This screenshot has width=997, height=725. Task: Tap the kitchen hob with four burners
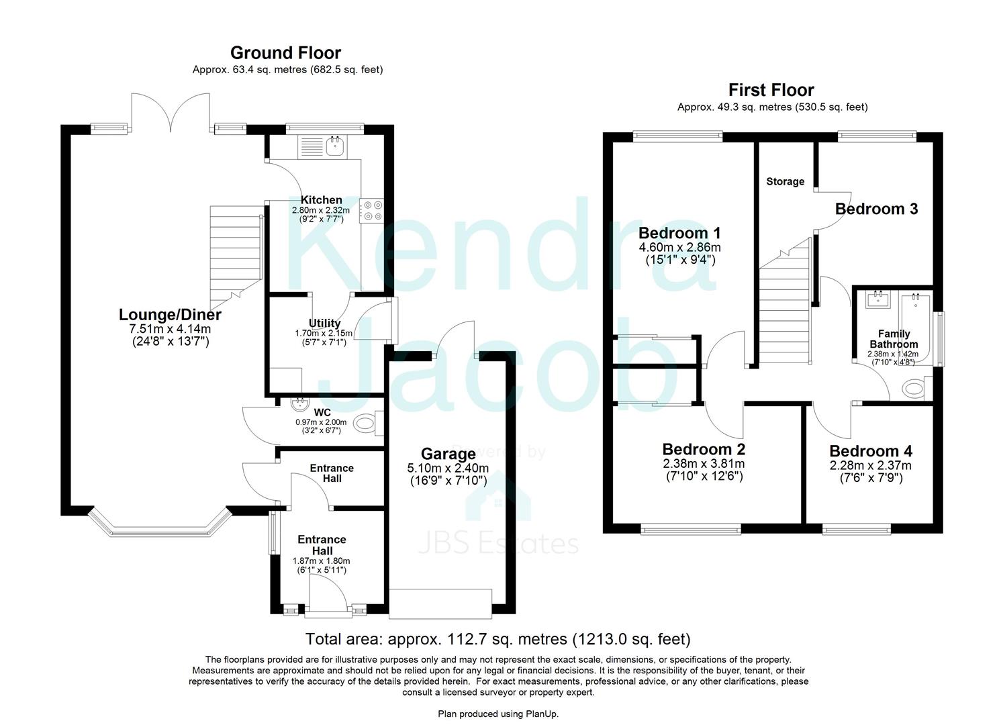(x=371, y=209)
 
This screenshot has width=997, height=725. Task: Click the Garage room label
(x=448, y=454)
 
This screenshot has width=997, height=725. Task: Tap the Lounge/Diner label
(x=170, y=314)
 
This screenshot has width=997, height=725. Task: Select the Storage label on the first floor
(x=785, y=181)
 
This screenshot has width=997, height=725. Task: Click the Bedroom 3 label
(x=876, y=209)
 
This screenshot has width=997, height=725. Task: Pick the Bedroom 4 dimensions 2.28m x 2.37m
(x=870, y=466)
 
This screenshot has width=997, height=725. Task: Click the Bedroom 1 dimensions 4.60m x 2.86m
(x=679, y=247)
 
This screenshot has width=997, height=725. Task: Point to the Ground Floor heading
(x=285, y=52)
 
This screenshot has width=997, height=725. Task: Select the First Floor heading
(x=771, y=90)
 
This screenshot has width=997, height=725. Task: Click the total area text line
(x=497, y=639)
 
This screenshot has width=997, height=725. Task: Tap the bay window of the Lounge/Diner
(x=160, y=524)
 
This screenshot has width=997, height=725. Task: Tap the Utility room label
(x=324, y=323)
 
